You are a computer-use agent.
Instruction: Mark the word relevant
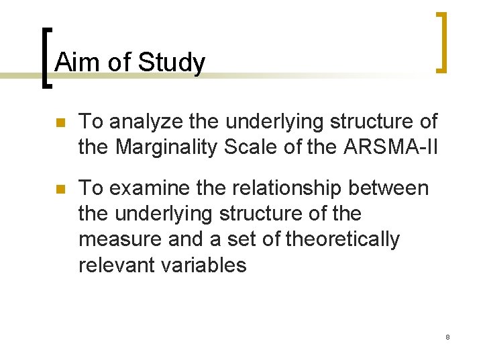(118, 265)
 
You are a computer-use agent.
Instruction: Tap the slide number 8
(447, 336)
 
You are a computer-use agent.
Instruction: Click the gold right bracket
(441, 42)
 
